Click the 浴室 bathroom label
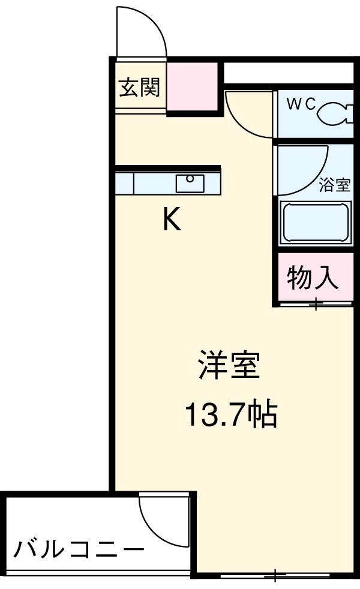[x=334, y=185]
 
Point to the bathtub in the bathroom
[x=314, y=223]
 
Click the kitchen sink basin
[x=190, y=182]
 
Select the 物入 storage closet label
[x=313, y=279]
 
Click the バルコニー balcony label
[x=79, y=549]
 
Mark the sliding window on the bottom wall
[x=275, y=576]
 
